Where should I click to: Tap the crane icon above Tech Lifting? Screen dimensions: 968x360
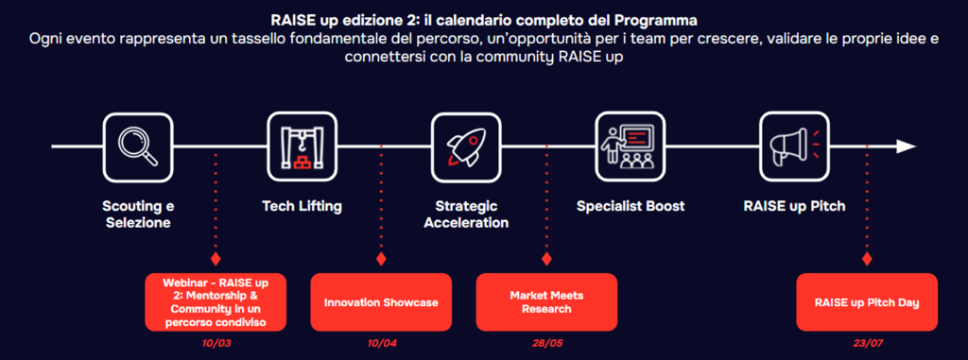click(x=302, y=147)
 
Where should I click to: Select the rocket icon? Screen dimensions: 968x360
click(x=466, y=147)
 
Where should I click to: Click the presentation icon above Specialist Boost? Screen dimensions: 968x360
click(x=631, y=147)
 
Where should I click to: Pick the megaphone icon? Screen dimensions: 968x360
click(x=794, y=147)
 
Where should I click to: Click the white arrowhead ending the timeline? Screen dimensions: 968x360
click(x=907, y=146)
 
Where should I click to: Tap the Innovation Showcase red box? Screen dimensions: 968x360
click(x=381, y=302)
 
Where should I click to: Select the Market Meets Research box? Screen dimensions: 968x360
click(x=546, y=302)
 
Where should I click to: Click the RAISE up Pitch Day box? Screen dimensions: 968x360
click(x=867, y=302)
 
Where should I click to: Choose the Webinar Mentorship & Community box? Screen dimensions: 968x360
click(x=216, y=302)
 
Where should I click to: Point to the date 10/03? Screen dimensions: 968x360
click(x=216, y=343)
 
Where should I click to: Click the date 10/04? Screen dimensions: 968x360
click(x=382, y=343)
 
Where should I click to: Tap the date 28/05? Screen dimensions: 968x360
click(x=547, y=343)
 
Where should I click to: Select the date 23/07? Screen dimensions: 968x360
click(x=868, y=343)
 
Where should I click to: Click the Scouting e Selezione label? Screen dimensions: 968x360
click(x=138, y=214)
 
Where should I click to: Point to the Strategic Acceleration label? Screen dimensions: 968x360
click(x=467, y=214)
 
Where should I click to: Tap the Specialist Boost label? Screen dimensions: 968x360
click(x=631, y=206)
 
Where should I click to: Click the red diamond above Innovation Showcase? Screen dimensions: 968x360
click(x=381, y=258)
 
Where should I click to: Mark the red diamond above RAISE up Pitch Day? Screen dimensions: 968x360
click(x=867, y=258)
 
